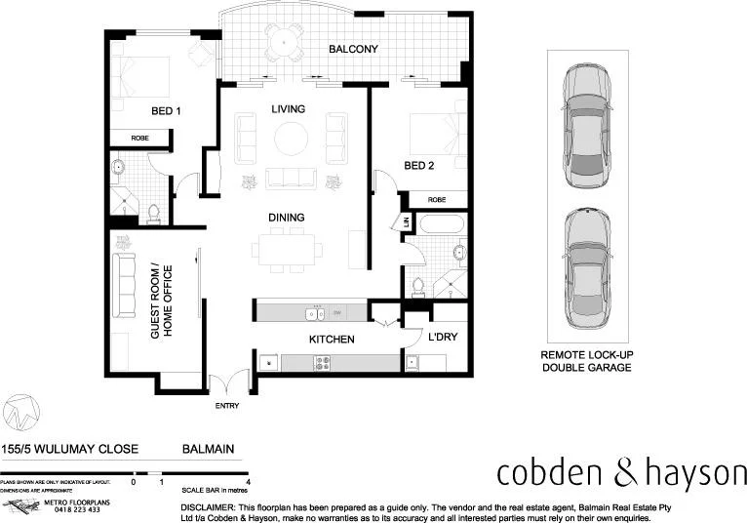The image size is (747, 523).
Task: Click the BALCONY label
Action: click(x=353, y=49)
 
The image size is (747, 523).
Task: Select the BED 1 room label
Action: click(x=165, y=110)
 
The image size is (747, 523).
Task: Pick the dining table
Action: click(x=286, y=248)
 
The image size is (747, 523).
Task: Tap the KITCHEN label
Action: click(x=331, y=340)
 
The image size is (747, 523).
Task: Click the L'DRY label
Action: click(x=444, y=338)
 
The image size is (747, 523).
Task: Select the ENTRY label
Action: click(x=226, y=404)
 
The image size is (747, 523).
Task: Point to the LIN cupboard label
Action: click(x=406, y=222)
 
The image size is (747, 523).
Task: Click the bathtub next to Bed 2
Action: click(x=445, y=224)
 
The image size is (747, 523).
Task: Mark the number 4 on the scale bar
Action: click(x=250, y=482)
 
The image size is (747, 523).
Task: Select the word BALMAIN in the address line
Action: click(x=209, y=450)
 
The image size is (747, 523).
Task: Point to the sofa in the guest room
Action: click(x=124, y=285)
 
